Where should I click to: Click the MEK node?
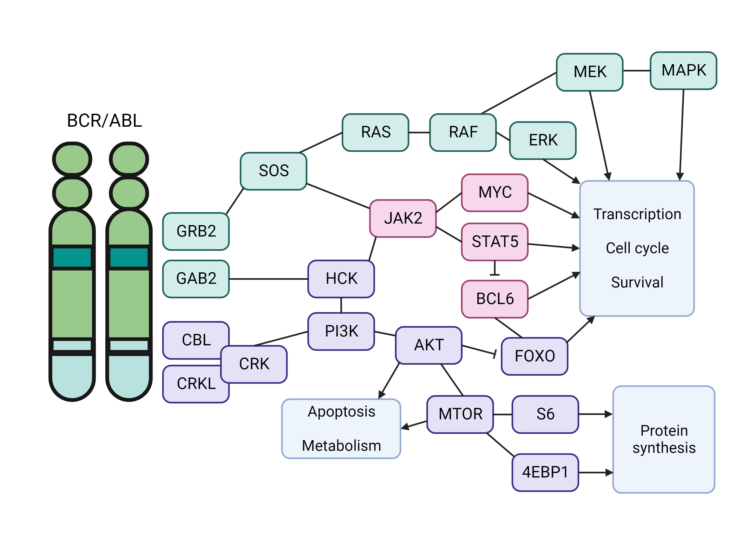pos(590,72)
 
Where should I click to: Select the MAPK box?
pos(683,70)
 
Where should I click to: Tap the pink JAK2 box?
pos(403,218)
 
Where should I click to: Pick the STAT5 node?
pos(495,241)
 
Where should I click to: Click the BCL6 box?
pos(495,299)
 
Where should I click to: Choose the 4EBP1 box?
pos(545,472)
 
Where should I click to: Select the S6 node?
pos(545,414)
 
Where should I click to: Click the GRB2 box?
pos(196,231)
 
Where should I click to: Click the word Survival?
pos(637,282)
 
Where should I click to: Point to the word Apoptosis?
pos(341,412)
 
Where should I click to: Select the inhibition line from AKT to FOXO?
pos(479,350)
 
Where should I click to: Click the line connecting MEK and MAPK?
pos(636,71)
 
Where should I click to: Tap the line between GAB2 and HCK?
pos(268,279)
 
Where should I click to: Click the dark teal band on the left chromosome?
pos(72,257)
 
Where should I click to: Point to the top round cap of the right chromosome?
pos(129,159)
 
